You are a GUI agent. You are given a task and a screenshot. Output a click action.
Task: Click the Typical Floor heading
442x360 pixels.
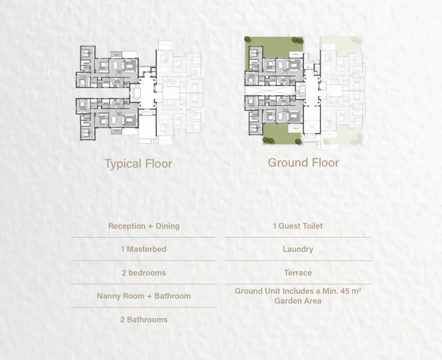pos(138,164)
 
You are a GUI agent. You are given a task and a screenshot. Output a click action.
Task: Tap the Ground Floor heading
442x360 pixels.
pos(303,163)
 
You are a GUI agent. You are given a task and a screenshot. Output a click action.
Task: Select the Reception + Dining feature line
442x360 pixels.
pos(144,226)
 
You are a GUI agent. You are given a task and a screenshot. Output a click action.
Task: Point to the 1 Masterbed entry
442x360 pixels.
pos(144,249)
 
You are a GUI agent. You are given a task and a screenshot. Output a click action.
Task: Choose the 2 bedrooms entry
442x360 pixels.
pos(144,273)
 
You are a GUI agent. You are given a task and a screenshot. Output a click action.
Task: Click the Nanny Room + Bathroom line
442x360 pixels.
pos(144,296)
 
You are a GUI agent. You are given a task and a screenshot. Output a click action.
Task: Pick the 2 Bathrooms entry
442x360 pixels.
pos(144,319)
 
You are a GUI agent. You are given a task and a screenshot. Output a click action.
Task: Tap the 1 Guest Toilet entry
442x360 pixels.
pos(298,226)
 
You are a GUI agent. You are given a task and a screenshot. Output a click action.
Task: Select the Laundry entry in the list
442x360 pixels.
pos(298,249)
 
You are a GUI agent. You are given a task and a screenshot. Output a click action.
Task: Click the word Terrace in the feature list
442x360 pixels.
pos(298,273)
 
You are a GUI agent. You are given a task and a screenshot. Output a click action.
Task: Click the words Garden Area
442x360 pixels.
pos(298,301)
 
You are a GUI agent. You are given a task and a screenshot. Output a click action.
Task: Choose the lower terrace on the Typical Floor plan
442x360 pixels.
pos(116,132)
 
